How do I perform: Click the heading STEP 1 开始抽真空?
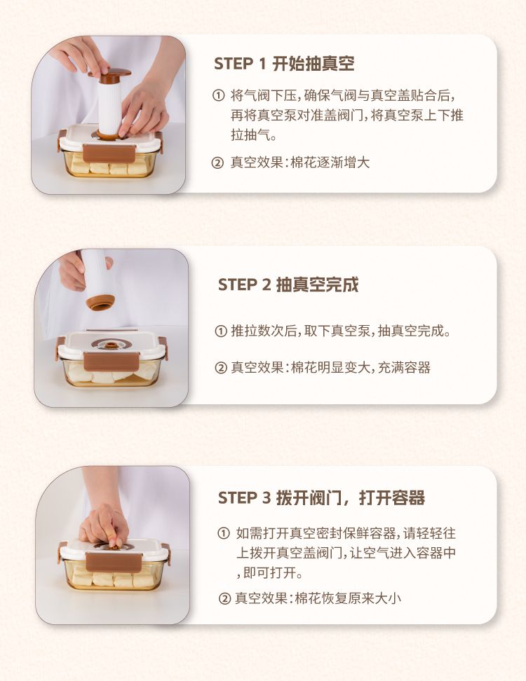pyautogui.click(x=284, y=64)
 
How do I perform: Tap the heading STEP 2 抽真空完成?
pyautogui.click(x=288, y=285)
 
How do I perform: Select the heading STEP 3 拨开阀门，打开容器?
pyautogui.click(x=321, y=497)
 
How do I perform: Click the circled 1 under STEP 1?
pyautogui.click(x=218, y=95)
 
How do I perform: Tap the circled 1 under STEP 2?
pyautogui.click(x=221, y=331)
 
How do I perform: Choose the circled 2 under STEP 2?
pyautogui.click(x=221, y=368)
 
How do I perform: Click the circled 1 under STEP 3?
pyautogui.click(x=224, y=533)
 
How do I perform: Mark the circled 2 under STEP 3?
pyautogui.click(x=224, y=599)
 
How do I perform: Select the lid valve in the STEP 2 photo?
pyautogui.click(x=112, y=345)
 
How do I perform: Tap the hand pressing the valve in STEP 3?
pyautogui.click(x=104, y=525)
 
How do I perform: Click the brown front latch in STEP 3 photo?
pyautogui.click(x=113, y=562)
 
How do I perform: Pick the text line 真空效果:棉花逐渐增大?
pyautogui.click(x=300, y=163)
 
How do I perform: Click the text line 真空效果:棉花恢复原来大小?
pyautogui.click(x=318, y=599)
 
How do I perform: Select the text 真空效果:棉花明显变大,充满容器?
pyautogui.click(x=330, y=368)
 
